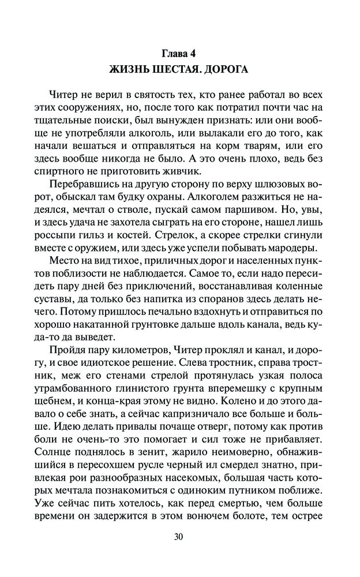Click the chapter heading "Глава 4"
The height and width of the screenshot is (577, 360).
(x=179, y=55)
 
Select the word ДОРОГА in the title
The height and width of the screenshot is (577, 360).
(x=226, y=70)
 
